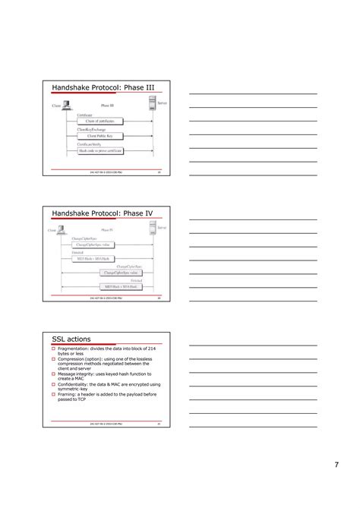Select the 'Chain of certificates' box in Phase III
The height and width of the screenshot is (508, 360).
tap(100, 121)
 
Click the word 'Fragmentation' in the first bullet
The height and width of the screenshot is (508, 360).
tap(74, 348)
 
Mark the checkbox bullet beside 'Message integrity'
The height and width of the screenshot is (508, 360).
tap(54, 374)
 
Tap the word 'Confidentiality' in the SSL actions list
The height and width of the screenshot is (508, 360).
tap(75, 384)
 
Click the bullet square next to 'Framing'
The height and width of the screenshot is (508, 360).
tap(54, 395)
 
